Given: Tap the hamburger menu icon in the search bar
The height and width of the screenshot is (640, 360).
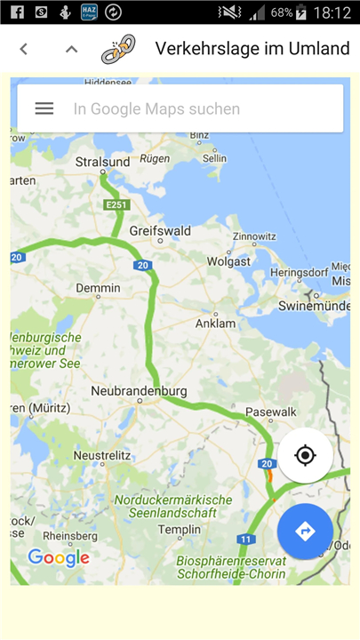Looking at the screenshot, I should [44, 108].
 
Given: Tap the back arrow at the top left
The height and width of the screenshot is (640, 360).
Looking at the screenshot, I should [24, 49].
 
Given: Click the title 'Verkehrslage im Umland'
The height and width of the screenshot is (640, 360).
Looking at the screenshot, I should [252, 49].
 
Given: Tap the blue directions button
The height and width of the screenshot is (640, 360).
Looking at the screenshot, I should [305, 531].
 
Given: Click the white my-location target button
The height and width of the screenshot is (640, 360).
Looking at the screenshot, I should [305, 456].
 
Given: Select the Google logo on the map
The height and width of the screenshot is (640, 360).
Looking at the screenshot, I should [59, 558].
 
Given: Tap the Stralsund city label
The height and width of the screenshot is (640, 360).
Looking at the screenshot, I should [103, 163].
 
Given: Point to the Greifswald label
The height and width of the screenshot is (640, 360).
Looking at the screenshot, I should [160, 230].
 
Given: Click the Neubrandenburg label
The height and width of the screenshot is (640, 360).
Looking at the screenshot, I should [139, 391].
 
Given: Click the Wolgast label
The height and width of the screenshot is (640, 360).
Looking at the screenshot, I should [229, 261].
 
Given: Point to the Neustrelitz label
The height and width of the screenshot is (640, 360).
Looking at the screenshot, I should [101, 455].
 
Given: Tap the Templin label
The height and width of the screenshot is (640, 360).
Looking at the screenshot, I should [180, 530].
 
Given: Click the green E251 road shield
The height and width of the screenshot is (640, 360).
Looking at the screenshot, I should [116, 205].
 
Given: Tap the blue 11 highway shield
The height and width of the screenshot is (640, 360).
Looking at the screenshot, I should [246, 540].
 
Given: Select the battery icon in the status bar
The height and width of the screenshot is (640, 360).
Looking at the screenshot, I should [301, 12].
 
